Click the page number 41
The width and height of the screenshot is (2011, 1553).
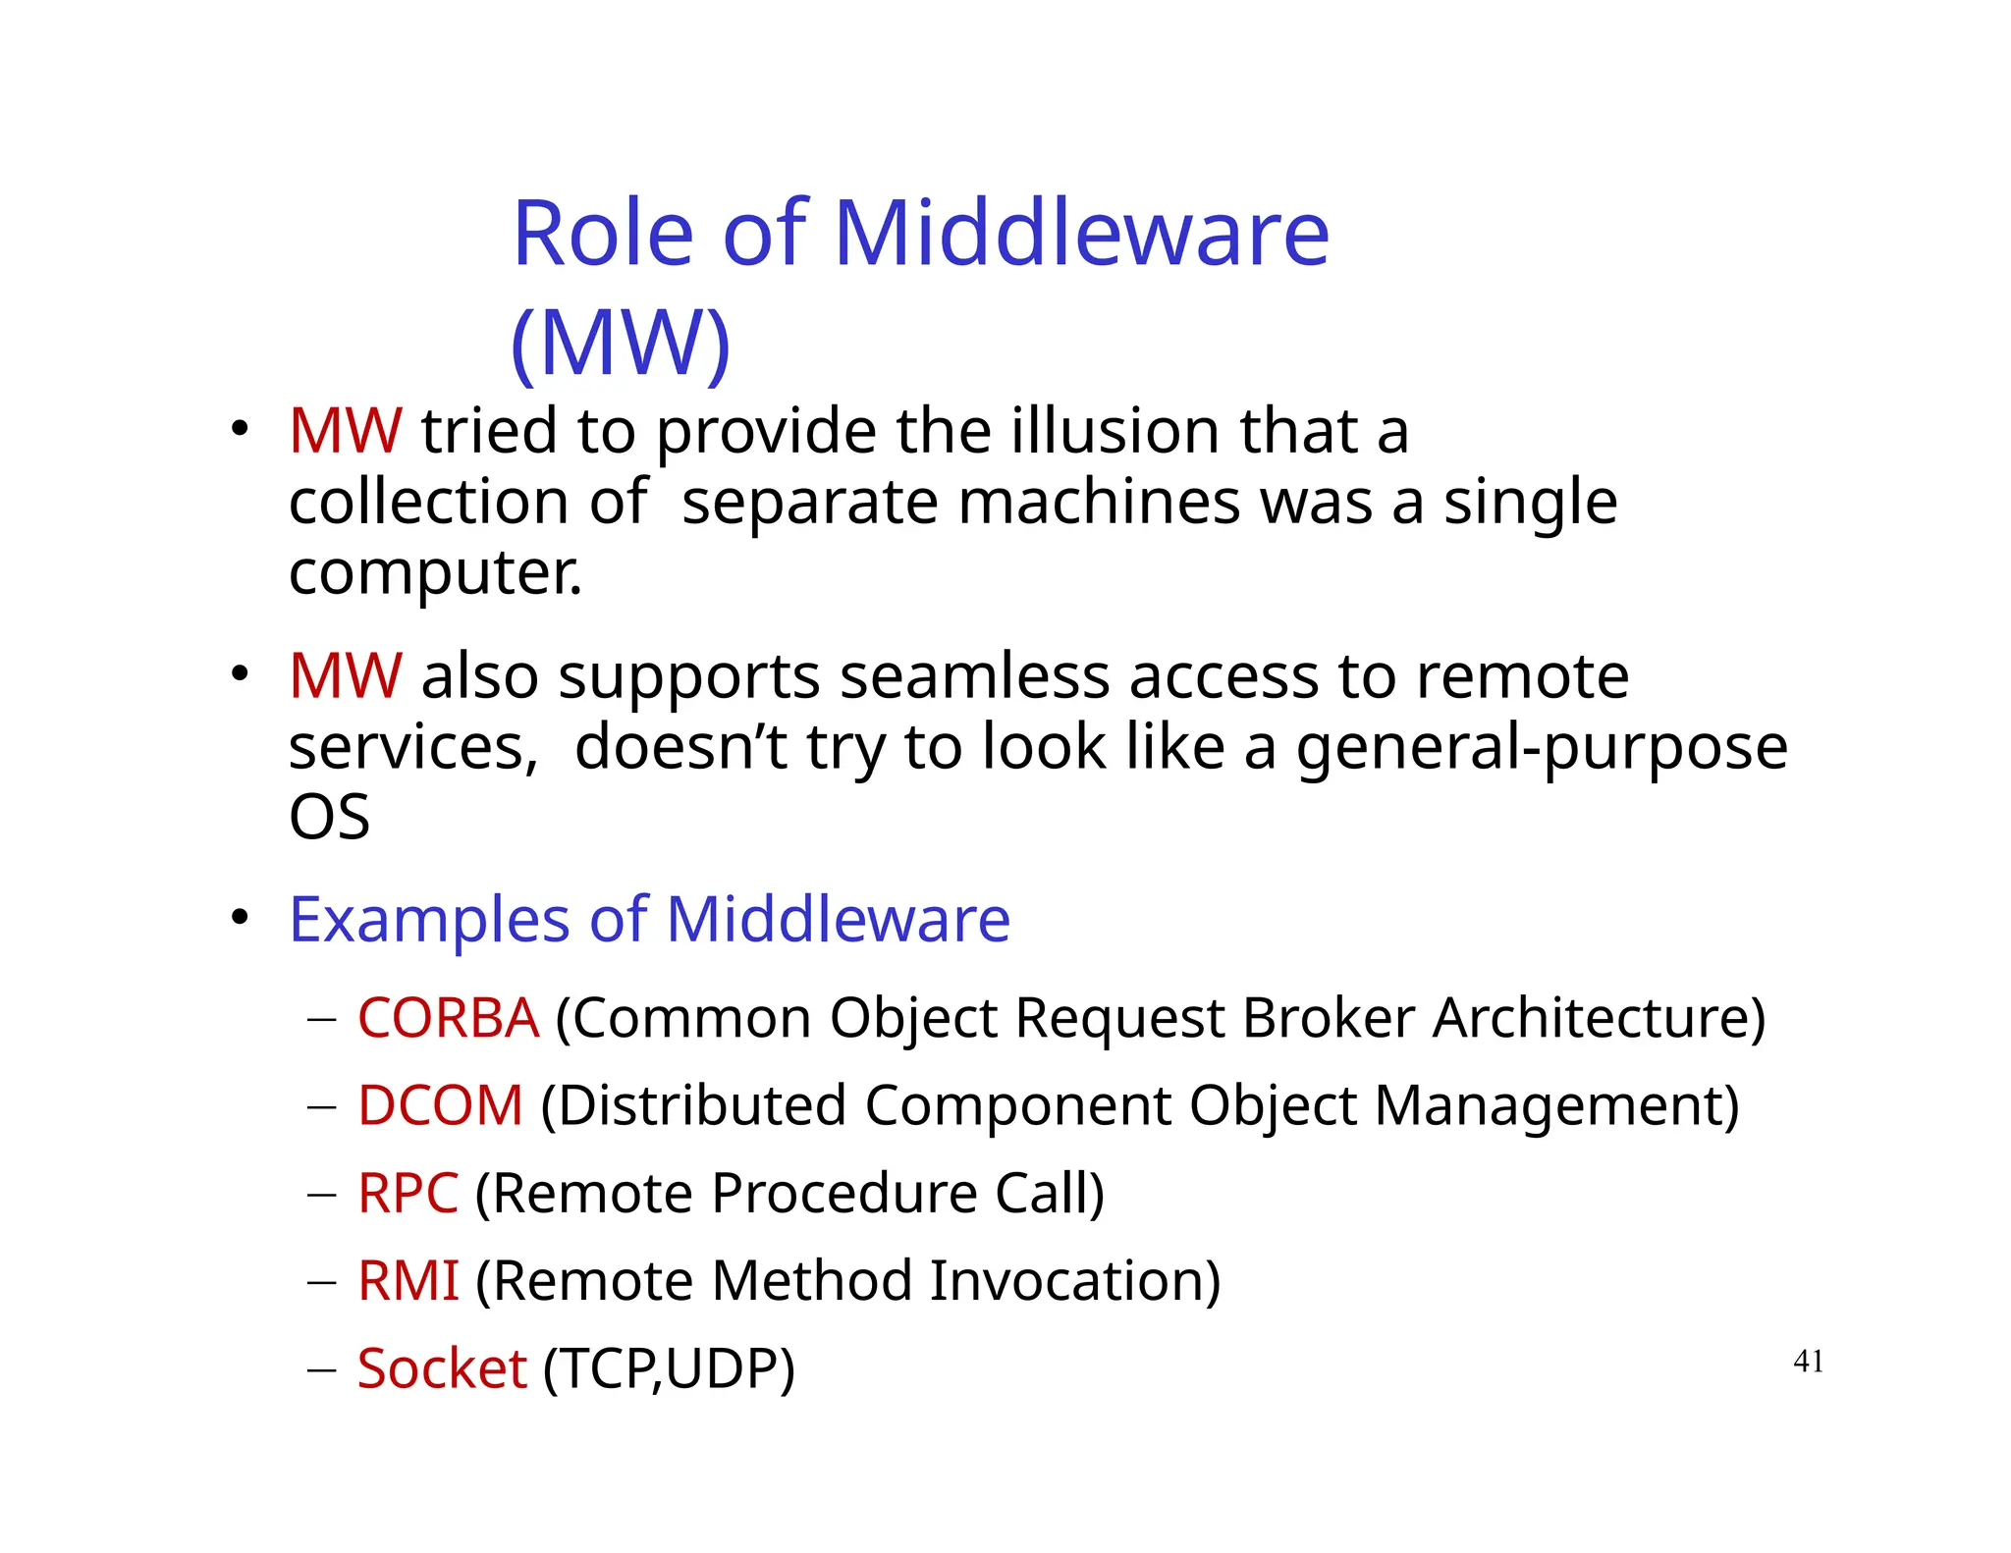tap(1808, 1362)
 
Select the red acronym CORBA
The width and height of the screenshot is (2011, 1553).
tap(448, 1018)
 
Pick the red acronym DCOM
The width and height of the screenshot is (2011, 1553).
tap(440, 1105)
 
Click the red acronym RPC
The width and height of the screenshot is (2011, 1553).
tap(408, 1194)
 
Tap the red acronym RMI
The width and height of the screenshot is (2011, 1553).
tap(408, 1281)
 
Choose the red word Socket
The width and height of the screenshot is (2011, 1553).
tap(442, 1368)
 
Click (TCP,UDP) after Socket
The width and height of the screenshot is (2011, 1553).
tap(669, 1369)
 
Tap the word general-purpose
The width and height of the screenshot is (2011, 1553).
tap(1542, 748)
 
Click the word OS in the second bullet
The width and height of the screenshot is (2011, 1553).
tap(329, 818)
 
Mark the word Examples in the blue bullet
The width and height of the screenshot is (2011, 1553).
tap(429, 921)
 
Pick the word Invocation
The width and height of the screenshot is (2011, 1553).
tap(1074, 1281)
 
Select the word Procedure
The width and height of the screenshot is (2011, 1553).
tap(844, 1194)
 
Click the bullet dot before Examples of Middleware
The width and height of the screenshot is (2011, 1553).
tap(240, 917)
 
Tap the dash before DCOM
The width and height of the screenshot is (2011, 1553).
tap(321, 1107)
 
